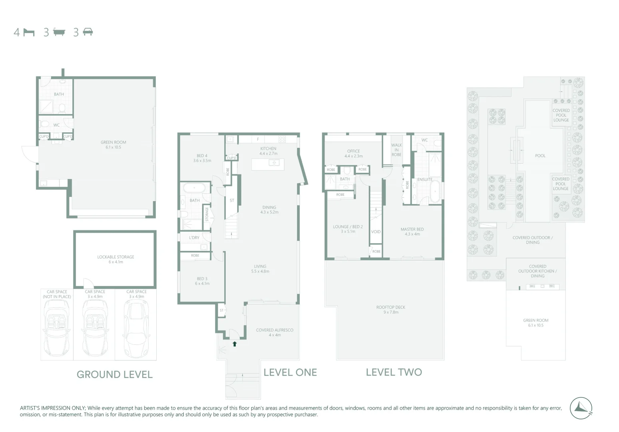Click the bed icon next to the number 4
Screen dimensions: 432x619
pos(29,32)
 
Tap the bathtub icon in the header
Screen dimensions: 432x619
pos(59,32)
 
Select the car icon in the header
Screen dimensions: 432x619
pos(88,32)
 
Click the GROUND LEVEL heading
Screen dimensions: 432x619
pos(114,374)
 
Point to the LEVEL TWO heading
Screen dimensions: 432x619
pos(394,372)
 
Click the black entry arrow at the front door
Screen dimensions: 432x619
pos(235,344)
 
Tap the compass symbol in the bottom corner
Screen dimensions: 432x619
pos(581,408)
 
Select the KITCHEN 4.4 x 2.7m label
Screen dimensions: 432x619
pos(268,151)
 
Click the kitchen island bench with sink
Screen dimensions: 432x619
pos(268,164)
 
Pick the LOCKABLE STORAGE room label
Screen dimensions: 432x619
pos(115,259)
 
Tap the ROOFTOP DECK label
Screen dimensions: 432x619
pos(390,310)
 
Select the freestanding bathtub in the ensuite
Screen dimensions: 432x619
pos(434,192)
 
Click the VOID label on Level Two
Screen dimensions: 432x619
pos(376,232)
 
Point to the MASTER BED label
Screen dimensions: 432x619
pos(412,232)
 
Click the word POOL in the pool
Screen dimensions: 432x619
pos(540,156)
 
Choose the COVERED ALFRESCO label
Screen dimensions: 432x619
pos(275,332)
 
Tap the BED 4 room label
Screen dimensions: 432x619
pos(202,158)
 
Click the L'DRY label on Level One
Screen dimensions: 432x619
pos(194,238)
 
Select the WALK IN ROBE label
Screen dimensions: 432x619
pos(396,150)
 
